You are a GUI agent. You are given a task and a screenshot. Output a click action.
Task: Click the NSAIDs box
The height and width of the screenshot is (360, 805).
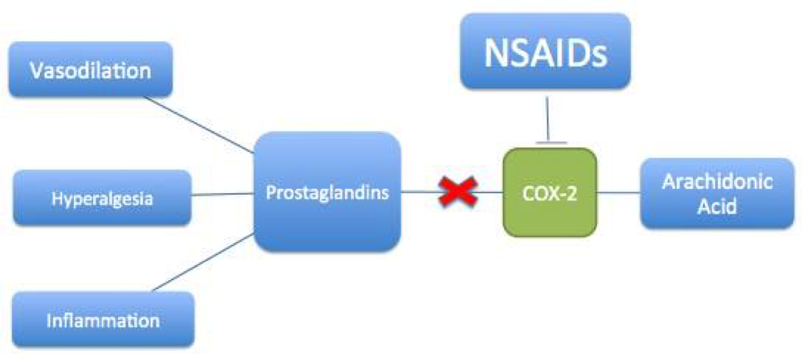[x=545, y=52]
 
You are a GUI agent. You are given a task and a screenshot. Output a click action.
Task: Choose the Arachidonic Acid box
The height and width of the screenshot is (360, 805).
[x=717, y=194]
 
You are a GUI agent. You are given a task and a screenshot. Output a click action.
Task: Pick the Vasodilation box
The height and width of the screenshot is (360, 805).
[x=91, y=70]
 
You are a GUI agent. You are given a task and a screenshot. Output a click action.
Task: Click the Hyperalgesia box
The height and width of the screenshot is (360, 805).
[x=101, y=198]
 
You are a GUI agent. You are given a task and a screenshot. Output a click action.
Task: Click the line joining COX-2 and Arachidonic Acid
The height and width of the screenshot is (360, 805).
[x=618, y=193]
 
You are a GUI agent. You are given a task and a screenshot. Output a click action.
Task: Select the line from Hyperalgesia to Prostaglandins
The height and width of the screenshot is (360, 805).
[x=222, y=194]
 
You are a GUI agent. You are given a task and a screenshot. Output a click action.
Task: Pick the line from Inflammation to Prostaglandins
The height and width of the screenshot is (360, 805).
[x=203, y=263]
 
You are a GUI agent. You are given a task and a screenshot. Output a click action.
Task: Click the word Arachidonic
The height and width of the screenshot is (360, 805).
[x=717, y=182]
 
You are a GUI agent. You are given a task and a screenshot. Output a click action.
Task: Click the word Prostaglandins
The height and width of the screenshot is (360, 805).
[x=327, y=193]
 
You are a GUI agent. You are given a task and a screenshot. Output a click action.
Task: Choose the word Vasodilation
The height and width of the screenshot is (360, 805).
[x=91, y=71]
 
